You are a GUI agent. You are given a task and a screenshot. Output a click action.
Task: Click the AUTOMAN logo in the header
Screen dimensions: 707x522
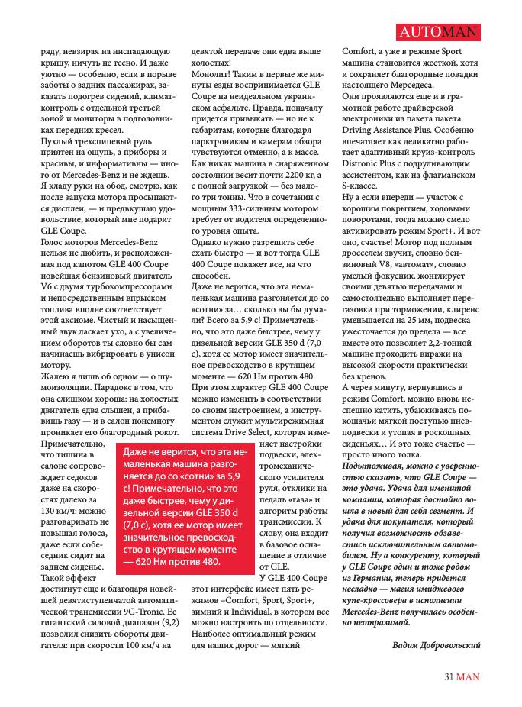(439, 32)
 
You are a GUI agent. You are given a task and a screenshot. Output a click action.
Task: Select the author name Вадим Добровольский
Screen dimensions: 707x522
(436, 645)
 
